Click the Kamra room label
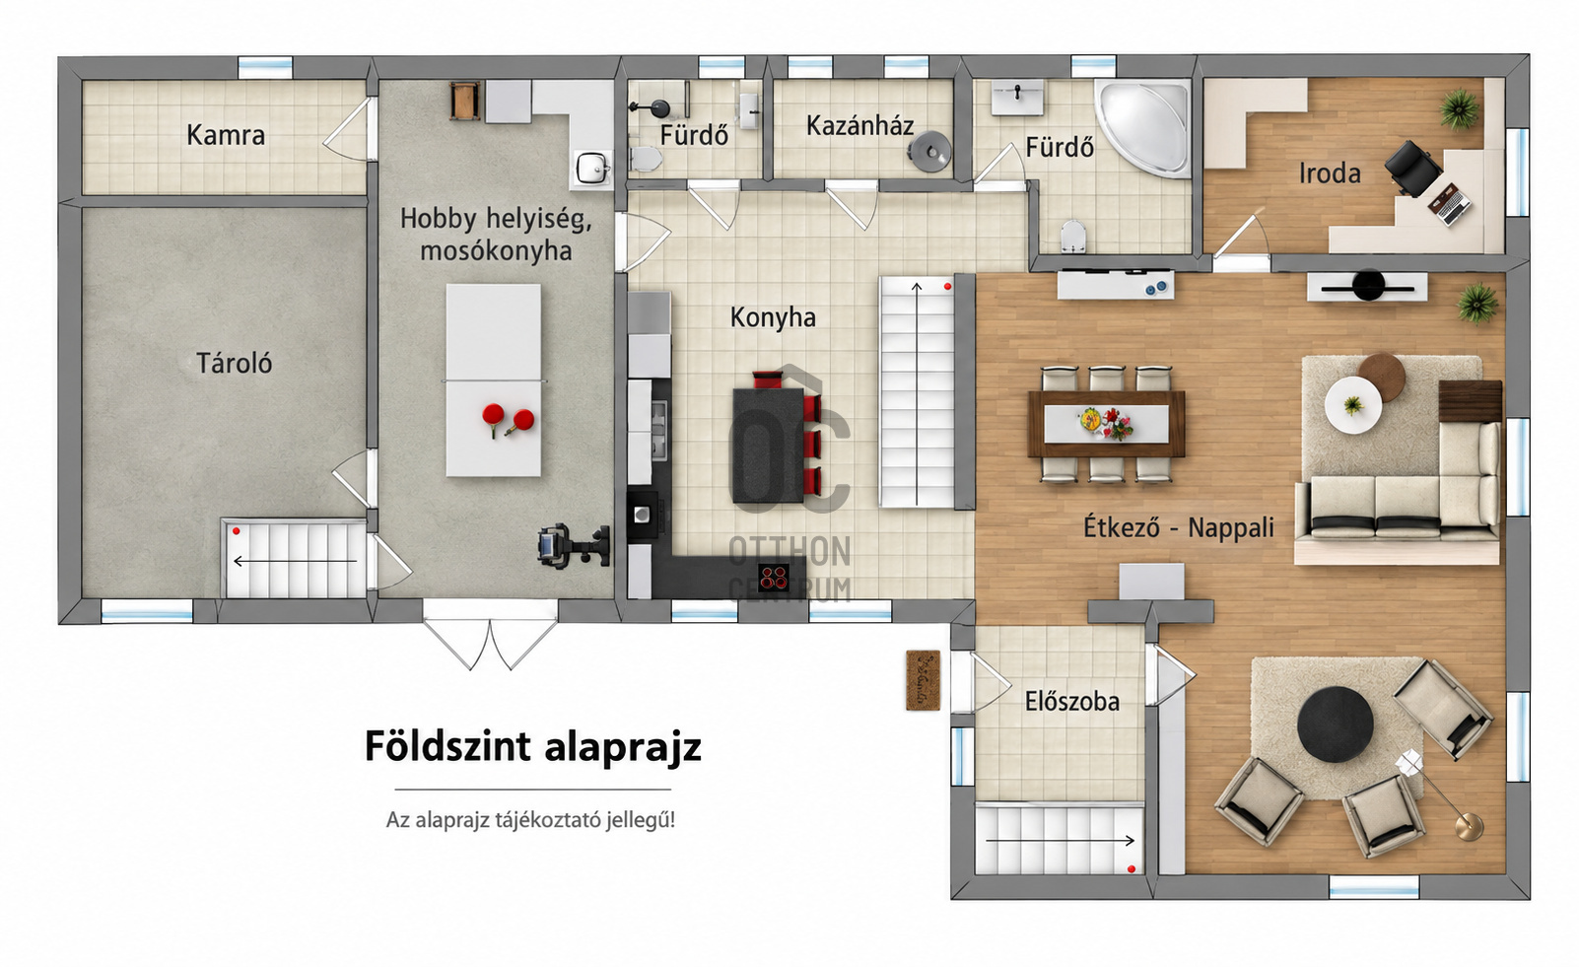pos(226,135)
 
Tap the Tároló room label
pos(234,363)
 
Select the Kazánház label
pos(860,125)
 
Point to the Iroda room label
pos(1330,173)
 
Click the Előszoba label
pos(1072,701)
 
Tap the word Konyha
pos(773,317)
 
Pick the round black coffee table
pos(1336,725)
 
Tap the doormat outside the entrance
pos(923,680)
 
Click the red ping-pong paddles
pos(508,420)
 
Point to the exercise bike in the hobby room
pos(573,546)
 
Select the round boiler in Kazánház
pos(929,151)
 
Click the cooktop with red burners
pos(774,578)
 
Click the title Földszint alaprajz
pos(533,746)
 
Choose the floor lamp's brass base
pos(1469,827)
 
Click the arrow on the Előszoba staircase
pos(1060,840)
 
